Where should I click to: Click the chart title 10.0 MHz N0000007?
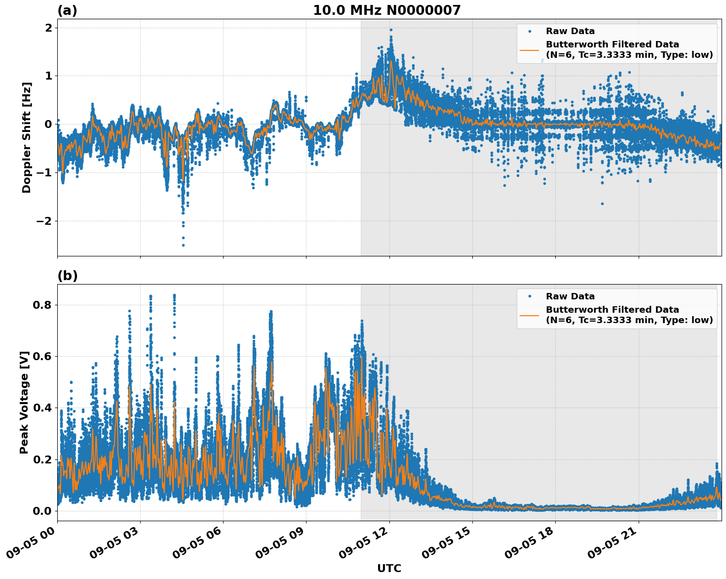[386, 10]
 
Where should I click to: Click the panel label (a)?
[67, 10]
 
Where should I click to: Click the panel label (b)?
[67, 276]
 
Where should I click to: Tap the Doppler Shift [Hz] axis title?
[27, 137]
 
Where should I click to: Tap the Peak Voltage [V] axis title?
[24, 402]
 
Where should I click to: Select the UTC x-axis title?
[389, 568]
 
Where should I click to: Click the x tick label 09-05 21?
[611, 546]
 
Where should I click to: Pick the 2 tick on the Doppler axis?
[48, 28]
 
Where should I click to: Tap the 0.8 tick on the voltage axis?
[42, 305]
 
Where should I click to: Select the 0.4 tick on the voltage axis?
[42, 408]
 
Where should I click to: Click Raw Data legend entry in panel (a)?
[570, 31]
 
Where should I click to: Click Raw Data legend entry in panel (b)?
[570, 296]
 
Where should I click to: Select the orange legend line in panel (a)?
[529, 50]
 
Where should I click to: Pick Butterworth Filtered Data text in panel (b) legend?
[612, 310]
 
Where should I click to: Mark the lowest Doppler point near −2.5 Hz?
[183, 245]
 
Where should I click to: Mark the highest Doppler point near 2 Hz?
[391, 30]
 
